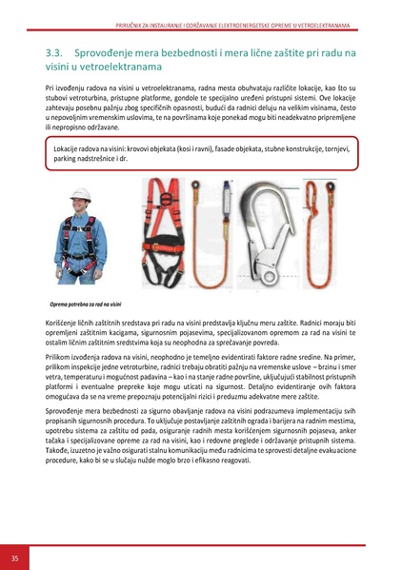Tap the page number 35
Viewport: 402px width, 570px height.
pos(14,557)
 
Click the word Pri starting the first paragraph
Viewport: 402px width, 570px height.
pos(50,87)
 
